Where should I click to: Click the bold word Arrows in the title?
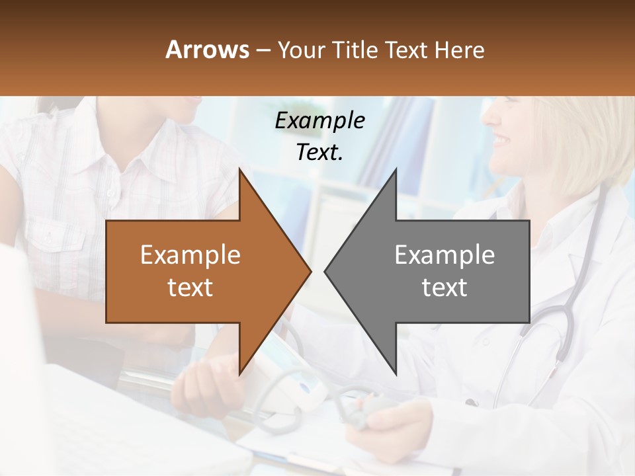click(x=207, y=50)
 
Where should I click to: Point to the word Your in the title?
click(x=298, y=50)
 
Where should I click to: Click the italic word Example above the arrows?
click(x=319, y=121)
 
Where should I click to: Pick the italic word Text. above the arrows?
click(x=319, y=153)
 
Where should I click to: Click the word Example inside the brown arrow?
click(x=190, y=255)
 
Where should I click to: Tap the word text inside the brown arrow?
click(x=190, y=288)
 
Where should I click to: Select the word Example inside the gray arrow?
click(x=444, y=255)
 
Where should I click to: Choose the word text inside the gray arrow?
click(x=444, y=288)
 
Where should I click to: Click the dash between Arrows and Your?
click(x=263, y=51)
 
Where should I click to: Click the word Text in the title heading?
click(x=404, y=50)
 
